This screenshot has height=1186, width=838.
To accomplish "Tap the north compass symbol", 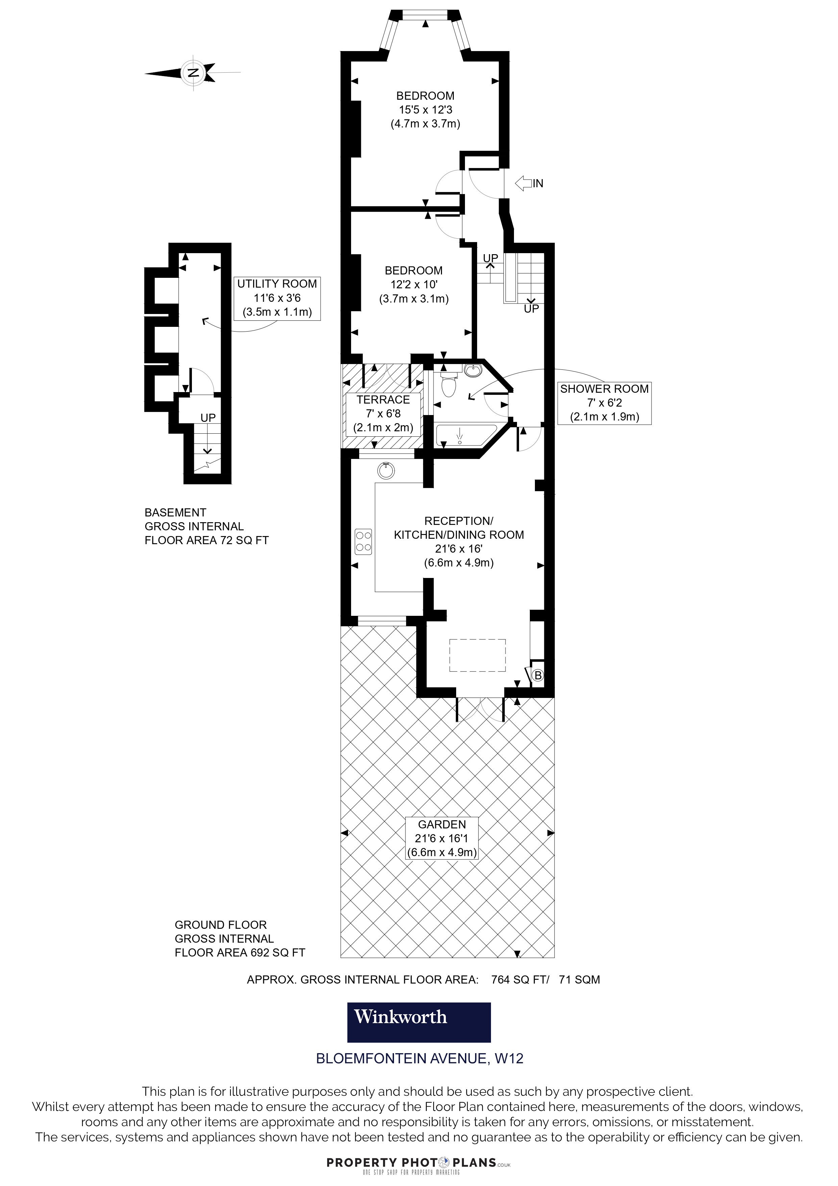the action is (x=193, y=73).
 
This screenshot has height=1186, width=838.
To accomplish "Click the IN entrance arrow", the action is (x=523, y=183).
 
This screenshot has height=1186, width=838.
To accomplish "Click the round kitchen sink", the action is (x=386, y=470).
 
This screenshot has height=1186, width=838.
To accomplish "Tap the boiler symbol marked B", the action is (x=538, y=675).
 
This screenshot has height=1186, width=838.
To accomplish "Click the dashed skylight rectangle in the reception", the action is (x=477, y=655).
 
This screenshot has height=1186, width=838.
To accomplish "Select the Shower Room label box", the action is (x=605, y=403).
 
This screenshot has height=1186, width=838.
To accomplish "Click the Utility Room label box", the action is (x=277, y=298).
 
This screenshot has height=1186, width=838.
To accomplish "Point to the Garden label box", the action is (x=442, y=838).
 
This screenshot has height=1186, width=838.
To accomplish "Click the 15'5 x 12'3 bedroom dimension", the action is (x=425, y=110).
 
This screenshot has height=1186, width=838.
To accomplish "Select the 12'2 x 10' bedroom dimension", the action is (x=414, y=284).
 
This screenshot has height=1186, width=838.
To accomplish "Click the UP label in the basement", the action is (x=208, y=417).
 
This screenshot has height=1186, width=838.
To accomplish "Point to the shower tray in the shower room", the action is (x=465, y=435).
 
